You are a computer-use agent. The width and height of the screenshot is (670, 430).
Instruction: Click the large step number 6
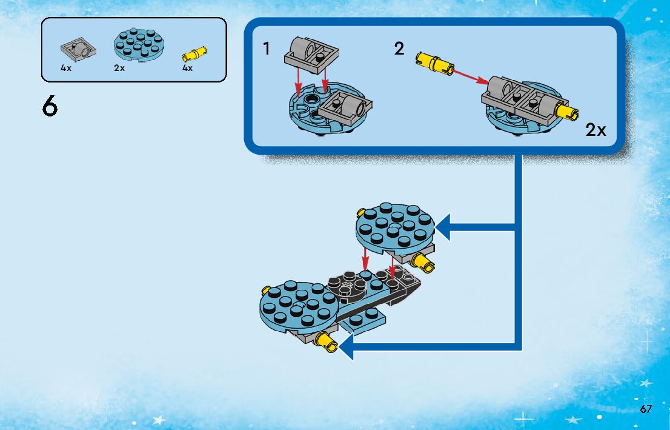pyautogui.click(x=50, y=106)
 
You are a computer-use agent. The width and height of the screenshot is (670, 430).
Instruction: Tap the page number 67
pyautogui.click(x=646, y=409)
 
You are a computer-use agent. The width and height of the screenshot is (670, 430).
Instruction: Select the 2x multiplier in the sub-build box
pyautogui.click(x=595, y=130)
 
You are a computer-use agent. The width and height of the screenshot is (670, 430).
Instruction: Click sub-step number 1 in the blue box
pyautogui.click(x=267, y=49)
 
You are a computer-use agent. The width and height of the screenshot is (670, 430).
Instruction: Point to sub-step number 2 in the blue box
pyautogui.click(x=399, y=49)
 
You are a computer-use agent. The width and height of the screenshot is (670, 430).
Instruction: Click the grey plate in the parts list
pyautogui.click(x=78, y=52)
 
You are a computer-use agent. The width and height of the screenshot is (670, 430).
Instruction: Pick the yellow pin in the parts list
pyautogui.click(x=194, y=54)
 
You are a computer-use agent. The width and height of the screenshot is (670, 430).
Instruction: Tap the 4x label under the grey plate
pyautogui.click(x=66, y=67)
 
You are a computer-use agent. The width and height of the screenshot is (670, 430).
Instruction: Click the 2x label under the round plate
pyautogui.click(x=119, y=67)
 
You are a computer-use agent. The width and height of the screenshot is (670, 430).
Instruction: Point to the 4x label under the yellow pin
pyautogui.click(x=187, y=67)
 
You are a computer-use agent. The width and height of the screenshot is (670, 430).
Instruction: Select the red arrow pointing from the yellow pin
pyautogui.click(x=471, y=76)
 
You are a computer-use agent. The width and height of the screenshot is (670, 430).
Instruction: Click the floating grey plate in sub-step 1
pyautogui.click(x=311, y=55)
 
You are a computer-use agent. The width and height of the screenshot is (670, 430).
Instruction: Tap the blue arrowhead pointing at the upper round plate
pyautogui.click(x=442, y=227)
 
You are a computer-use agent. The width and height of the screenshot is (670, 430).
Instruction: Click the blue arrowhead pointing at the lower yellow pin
pyautogui.click(x=347, y=347)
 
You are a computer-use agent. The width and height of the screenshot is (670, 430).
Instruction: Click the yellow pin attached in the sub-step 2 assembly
pyautogui.click(x=566, y=111)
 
